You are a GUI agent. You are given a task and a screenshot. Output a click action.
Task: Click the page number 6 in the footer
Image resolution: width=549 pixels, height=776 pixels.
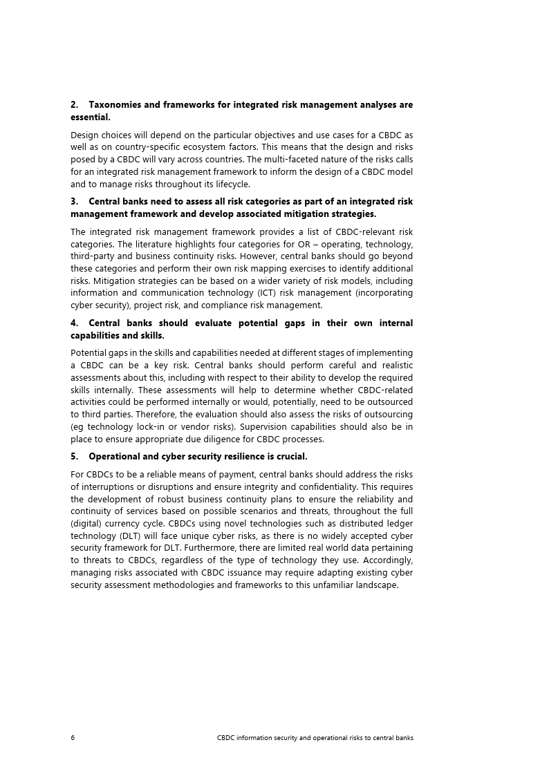click(x=73, y=737)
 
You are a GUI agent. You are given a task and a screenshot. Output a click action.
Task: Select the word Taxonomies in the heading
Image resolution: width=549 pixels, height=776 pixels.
click(x=115, y=105)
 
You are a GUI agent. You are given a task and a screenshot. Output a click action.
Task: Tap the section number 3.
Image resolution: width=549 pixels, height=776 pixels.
click(x=74, y=202)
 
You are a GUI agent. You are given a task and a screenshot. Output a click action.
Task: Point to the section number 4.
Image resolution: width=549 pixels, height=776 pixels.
click(x=74, y=323)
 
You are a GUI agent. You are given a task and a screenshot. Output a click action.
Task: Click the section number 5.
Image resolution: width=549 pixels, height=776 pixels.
click(x=74, y=457)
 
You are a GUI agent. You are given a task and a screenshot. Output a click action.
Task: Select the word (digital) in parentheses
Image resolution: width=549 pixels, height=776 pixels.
click(x=88, y=524)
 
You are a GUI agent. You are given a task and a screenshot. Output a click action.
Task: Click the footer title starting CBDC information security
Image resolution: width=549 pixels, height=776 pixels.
click(x=315, y=737)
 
